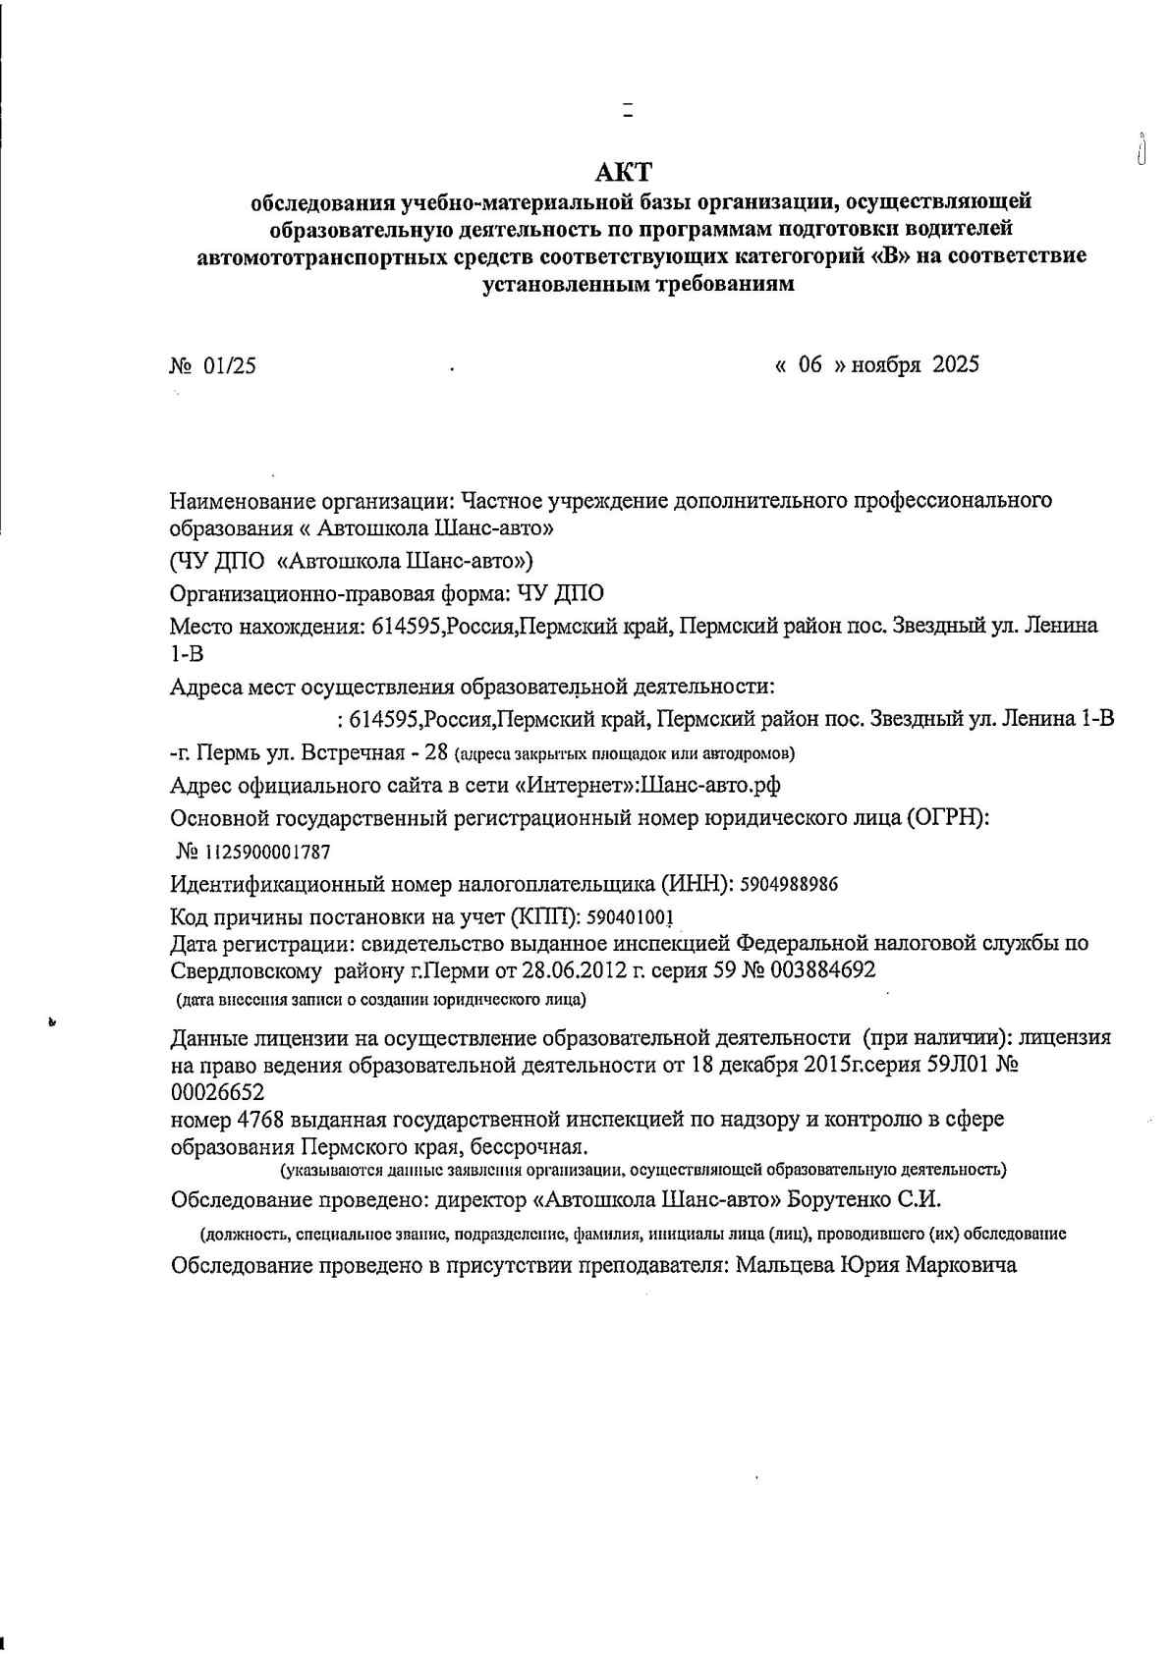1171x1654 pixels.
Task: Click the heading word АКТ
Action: (x=624, y=173)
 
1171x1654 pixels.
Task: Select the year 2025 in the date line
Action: (x=955, y=364)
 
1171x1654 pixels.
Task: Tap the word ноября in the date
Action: (x=885, y=365)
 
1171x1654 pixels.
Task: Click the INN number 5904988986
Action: (x=789, y=884)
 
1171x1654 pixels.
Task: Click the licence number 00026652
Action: (x=217, y=1092)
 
